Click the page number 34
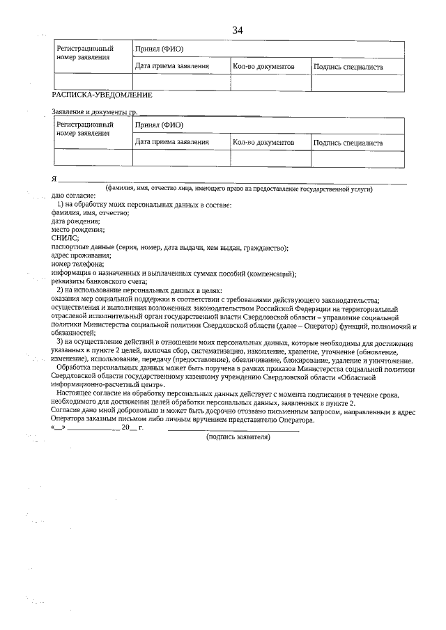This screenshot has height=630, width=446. pos(238,30)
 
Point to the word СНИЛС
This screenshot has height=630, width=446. pos(66,238)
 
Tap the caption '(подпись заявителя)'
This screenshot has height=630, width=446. pos(238,436)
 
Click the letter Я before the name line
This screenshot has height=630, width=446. pos(54,179)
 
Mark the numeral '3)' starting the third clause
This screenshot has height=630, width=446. pos(61,343)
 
